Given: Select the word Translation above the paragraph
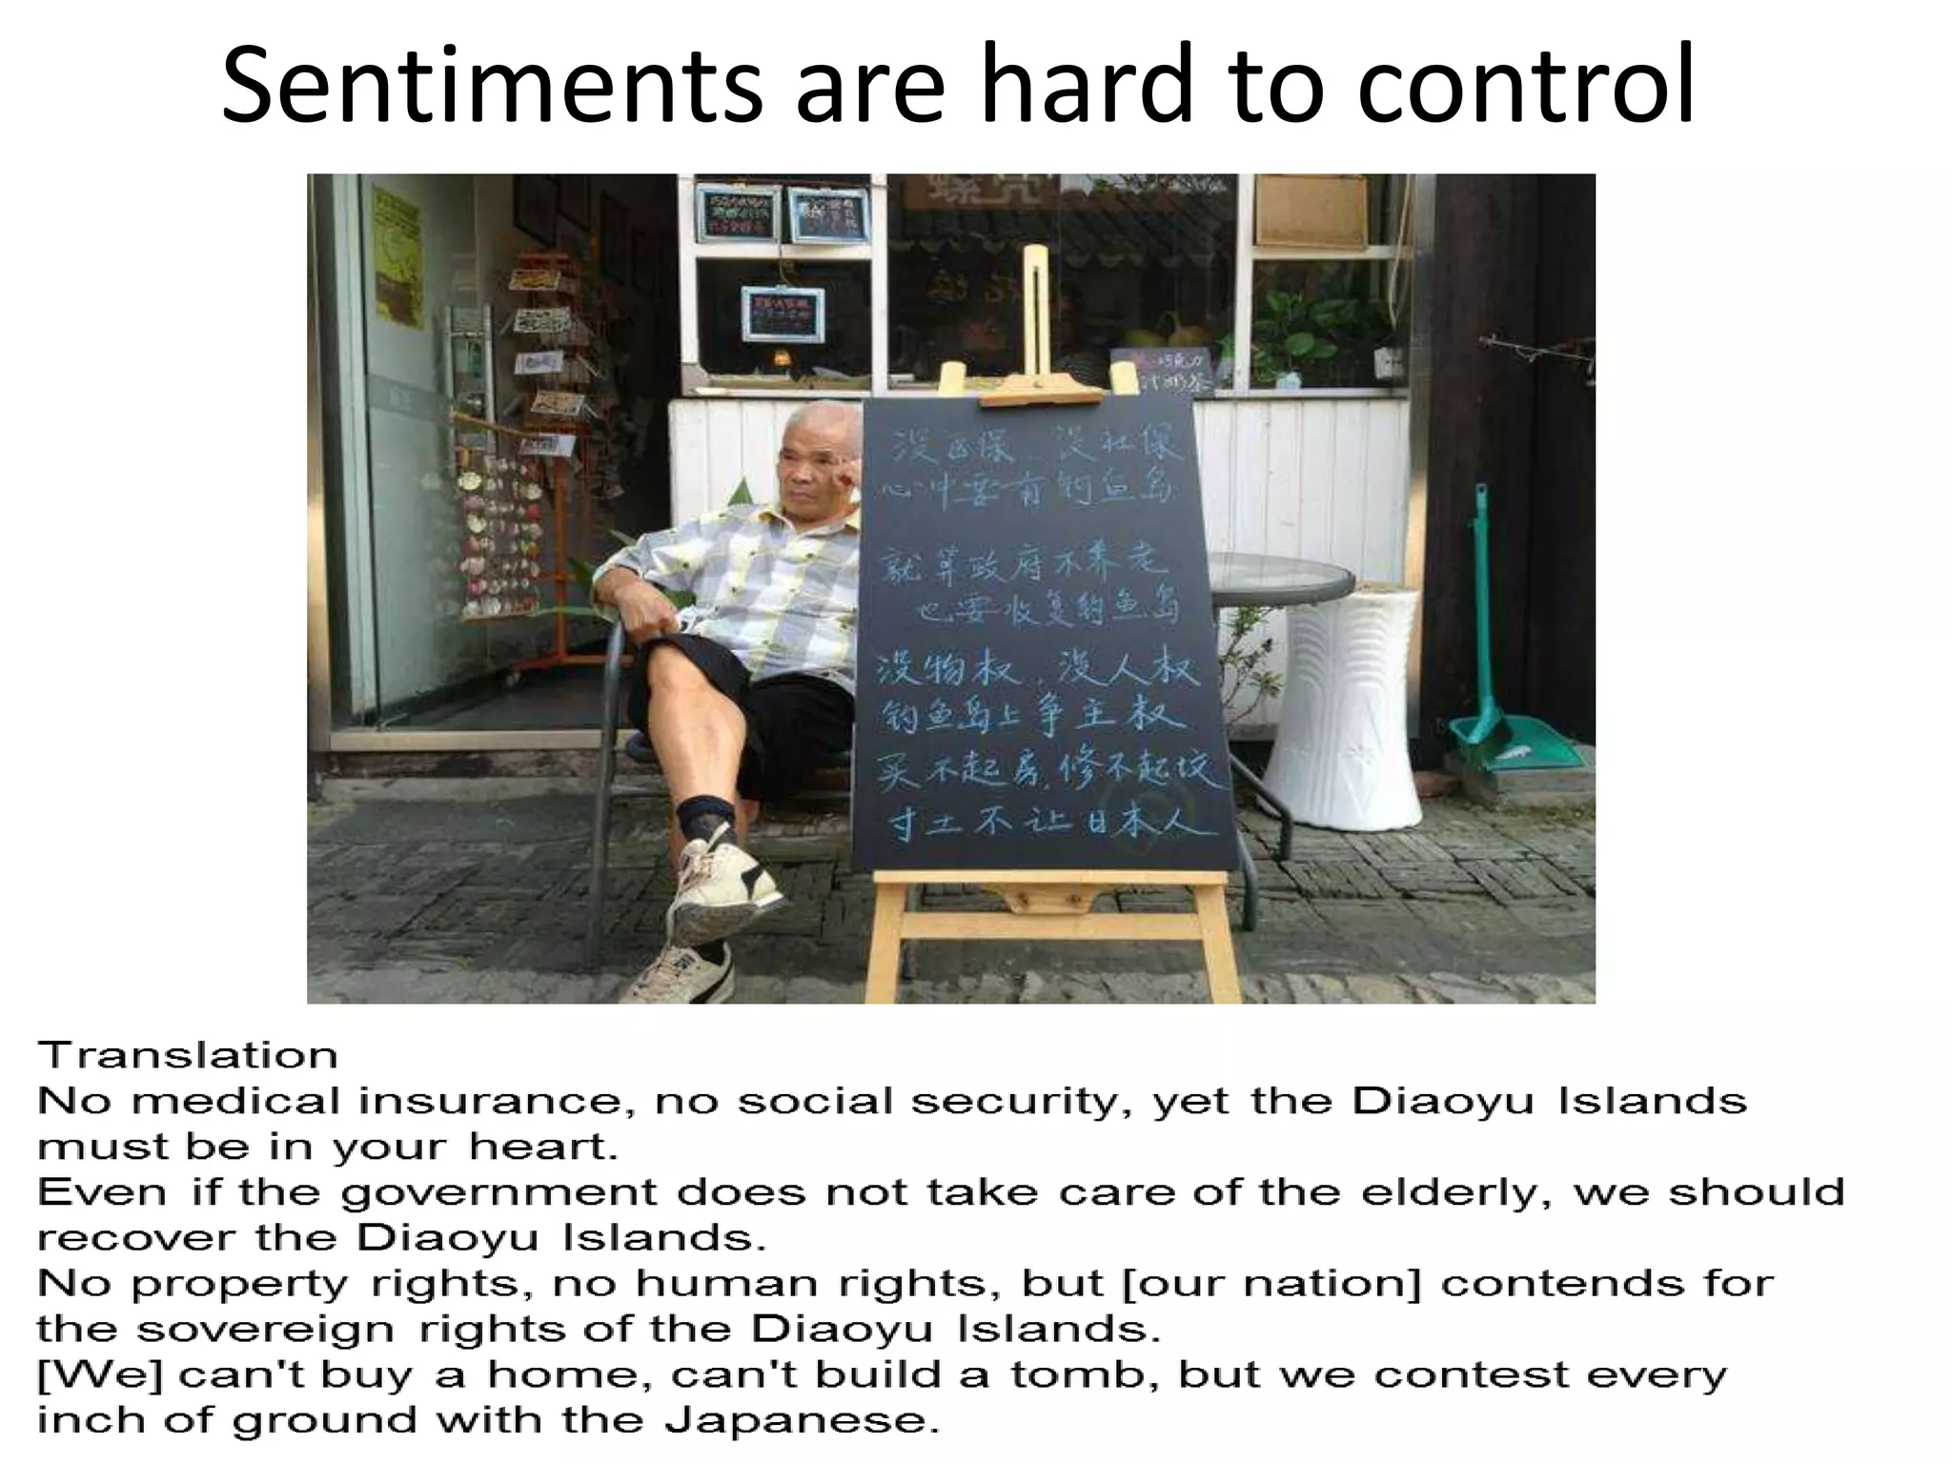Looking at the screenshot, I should pyautogui.click(x=188, y=1056).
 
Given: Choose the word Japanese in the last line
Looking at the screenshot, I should pyautogui.click(x=796, y=1420).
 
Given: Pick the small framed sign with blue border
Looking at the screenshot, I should pyautogui.click(x=782, y=313).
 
